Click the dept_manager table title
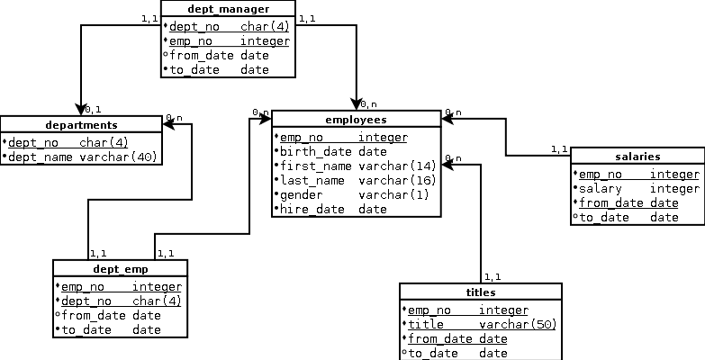(x=228, y=9)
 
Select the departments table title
(x=81, y=124)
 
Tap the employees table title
(x=356, y=120)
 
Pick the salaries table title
(x=637, y=157)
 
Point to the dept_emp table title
(x=120, y=268)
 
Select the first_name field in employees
(x=317, y=166)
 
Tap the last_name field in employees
(x=314, y=180)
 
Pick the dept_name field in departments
(x=41, y=157)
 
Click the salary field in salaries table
(x=601, y=189)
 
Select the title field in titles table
(x=427, y=324)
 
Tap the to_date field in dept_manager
(x=193, y=69)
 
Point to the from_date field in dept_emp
(x=94, y=316)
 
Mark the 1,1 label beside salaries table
(x=559, y=149)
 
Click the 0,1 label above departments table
(x=93, y=109)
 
